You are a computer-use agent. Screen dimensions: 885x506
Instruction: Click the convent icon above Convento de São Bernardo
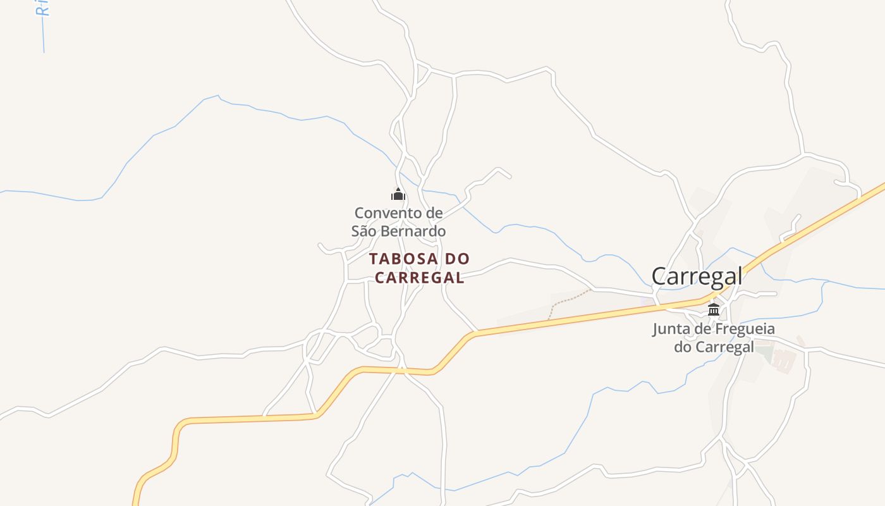click(x=398, y=194)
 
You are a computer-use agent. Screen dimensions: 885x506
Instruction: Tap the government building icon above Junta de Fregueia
click(x=714, y=309)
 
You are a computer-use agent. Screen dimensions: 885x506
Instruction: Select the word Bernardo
click(x=415, y=231)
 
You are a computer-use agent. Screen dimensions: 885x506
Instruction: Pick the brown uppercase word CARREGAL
click(x=420, y=278)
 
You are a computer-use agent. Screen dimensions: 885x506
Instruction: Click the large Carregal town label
click(x=697, y=276)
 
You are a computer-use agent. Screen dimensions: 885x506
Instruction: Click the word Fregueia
click(x=745, y=329)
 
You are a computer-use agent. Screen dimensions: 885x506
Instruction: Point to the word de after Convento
click(x=434, y=213)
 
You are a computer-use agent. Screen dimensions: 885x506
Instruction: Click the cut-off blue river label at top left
click(x=42, y=8)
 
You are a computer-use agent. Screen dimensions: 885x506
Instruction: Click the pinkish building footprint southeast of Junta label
click(x=784, y=361)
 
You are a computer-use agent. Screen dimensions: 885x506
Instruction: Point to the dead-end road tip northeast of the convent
click(x=510, y=177)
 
